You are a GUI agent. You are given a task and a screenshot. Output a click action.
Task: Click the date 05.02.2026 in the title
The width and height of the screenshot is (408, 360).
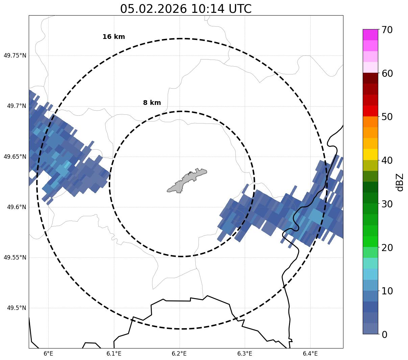click(x=153, y=9)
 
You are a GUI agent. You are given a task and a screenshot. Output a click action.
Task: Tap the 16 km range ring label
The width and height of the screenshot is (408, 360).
click(x=114, y=37)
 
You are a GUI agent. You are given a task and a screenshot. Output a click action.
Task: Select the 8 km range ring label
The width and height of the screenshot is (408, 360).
click(x=152, y=103)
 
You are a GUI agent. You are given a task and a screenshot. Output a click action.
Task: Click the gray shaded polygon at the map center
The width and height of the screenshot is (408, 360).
click(x=186, y=180)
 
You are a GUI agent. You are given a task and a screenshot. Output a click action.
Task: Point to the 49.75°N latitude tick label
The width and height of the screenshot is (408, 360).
click(x=15, y=55)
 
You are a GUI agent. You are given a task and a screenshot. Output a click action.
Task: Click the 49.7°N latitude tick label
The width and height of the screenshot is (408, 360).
click(x=16, y=106)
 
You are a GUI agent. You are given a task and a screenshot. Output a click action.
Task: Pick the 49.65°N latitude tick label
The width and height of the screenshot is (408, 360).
click(x=15, y=157)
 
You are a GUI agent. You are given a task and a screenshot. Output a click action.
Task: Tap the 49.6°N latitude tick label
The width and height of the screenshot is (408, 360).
click(x=16, y=207)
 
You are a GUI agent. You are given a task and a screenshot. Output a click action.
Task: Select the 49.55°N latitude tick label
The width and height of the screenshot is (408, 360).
click(x=15, y=257)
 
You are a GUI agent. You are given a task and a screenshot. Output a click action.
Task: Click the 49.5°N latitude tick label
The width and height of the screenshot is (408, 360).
click(x=16, y=308)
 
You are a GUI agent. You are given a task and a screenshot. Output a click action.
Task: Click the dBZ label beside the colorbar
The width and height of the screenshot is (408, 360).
click(x=400, y=182)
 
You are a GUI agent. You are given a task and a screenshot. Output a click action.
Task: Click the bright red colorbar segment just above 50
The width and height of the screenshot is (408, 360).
click(x=370, y=111)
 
